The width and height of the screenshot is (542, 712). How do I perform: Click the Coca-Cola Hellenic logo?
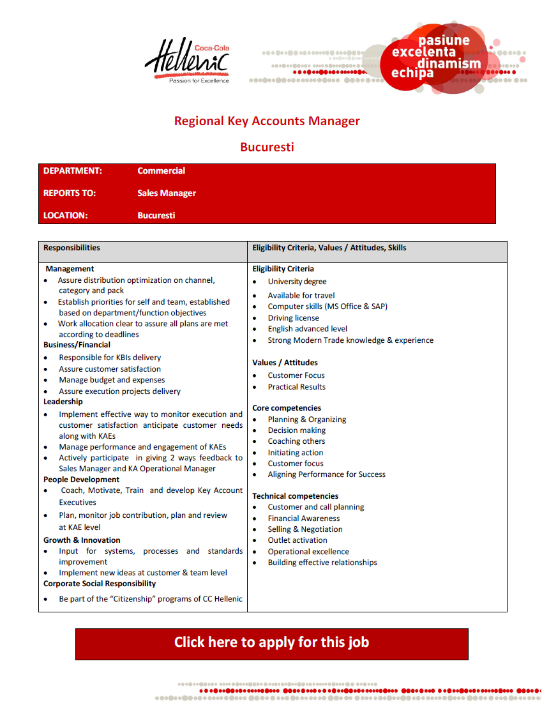187,62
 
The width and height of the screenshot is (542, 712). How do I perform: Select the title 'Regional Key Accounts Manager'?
267,121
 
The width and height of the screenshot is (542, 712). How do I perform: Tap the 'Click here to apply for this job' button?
271,643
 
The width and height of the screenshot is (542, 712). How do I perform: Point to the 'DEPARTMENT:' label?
73,171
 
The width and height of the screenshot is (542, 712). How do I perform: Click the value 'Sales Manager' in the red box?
167,193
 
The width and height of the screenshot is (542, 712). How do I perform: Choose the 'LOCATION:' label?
66,216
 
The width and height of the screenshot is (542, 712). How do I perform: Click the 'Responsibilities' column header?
72,248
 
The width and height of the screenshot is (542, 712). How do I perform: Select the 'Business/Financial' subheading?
77,345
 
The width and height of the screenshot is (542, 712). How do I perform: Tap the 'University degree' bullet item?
297,282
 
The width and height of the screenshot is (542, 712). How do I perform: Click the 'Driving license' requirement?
293,318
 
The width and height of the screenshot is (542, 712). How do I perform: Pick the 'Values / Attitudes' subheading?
285,363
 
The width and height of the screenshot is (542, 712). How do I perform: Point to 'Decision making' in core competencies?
296,430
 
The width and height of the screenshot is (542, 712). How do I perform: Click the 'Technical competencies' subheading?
295,496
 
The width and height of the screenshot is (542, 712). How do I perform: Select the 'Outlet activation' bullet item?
297,540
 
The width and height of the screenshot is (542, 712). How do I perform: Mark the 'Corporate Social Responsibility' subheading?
100,584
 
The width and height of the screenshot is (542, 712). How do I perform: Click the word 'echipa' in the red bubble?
412,73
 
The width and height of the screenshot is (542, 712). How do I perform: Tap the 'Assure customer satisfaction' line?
110,369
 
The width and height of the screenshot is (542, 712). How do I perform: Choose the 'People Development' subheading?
81,480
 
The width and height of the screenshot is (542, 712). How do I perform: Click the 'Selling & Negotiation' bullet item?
305,529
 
